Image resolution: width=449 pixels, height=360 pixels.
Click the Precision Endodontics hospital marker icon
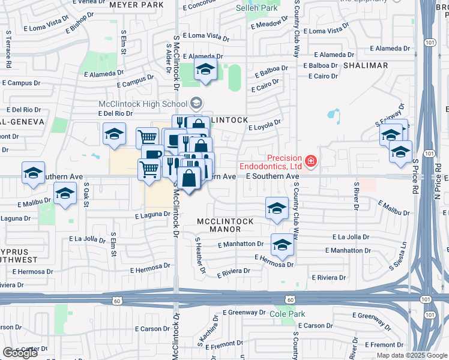coord(310,160)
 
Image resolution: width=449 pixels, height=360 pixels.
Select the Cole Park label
coord(288,314)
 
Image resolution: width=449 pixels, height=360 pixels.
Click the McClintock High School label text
coord(143,103)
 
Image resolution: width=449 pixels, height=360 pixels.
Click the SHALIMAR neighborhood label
coord(365,65)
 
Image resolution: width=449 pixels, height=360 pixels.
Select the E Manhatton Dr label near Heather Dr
coord(241,244)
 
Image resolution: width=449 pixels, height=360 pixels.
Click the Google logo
coord(20,353)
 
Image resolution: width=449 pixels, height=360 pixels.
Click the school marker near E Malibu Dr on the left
coord(65,193)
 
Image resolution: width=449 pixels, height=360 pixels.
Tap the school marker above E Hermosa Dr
coord(282,244)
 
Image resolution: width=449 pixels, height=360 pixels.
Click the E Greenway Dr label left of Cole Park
coord(244,313)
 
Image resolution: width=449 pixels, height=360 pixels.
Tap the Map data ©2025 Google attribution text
coord(411,355)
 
